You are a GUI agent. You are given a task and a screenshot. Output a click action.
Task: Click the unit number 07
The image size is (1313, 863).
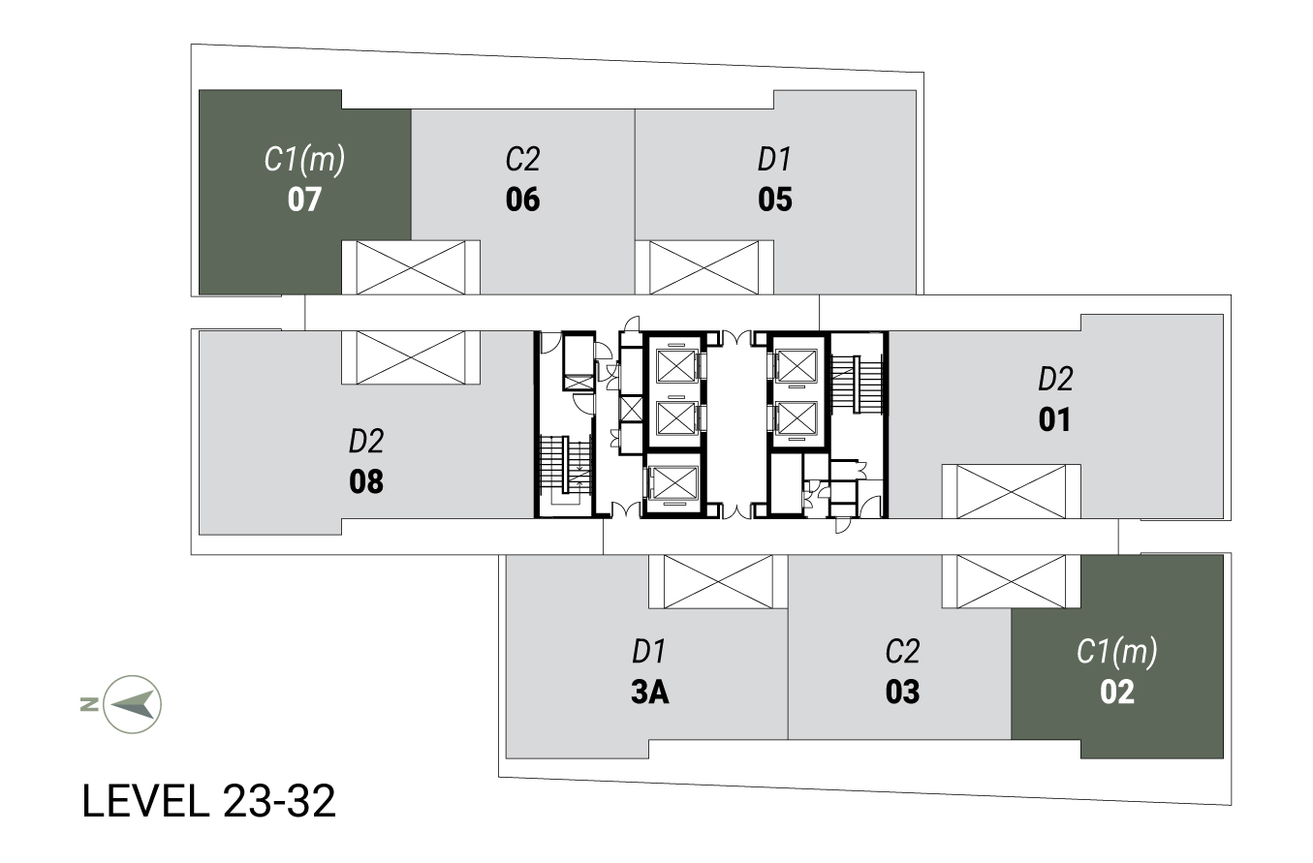coord(304,200)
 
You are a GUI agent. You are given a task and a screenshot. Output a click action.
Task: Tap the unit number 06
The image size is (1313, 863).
coord(522,200)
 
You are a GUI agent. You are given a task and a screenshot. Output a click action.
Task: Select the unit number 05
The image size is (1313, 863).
coord(775,200)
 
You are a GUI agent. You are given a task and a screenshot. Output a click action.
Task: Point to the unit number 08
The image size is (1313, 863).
coord(366,481)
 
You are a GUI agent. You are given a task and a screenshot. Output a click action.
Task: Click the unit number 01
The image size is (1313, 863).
coord(1054,419)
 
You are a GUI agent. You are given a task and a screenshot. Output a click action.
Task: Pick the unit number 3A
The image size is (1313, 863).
coord(649,692)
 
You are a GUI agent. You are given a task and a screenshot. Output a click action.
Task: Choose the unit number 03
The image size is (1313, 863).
coord(902,692)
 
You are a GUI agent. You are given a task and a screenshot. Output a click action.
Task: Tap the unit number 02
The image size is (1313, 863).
coord(1117,692)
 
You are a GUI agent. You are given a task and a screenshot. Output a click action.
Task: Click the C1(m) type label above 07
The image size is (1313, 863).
coord(304,160)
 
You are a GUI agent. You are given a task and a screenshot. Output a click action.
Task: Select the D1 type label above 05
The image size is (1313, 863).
coord(775,160)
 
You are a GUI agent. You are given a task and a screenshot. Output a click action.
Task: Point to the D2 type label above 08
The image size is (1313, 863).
coord(366,441)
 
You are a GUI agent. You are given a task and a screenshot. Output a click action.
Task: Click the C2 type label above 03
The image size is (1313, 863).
coord(902,652)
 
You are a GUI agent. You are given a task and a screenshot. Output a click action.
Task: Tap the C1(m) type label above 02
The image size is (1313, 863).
coord(1117,652)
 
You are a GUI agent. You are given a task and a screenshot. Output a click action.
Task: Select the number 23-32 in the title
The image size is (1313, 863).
coord(280,801)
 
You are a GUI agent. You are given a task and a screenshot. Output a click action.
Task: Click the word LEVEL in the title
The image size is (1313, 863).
coord(146,801)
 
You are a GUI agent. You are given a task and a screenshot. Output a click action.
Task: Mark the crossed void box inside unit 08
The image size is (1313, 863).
coord(411,357)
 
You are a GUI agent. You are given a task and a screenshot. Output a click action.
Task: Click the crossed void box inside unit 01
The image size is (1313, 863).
coord(1011,492)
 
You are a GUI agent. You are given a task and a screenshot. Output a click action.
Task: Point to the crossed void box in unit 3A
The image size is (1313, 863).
coord(718,581)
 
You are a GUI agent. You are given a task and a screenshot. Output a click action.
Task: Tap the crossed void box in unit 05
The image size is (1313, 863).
coord(703,267)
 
